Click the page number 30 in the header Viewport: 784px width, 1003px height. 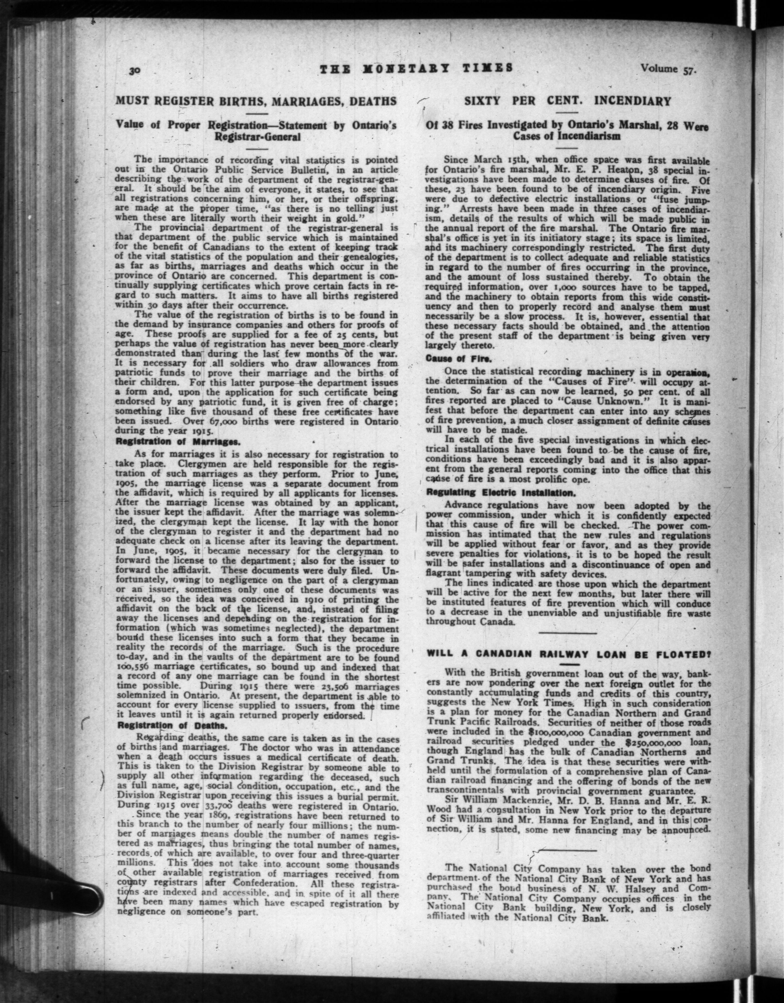(134, 70)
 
